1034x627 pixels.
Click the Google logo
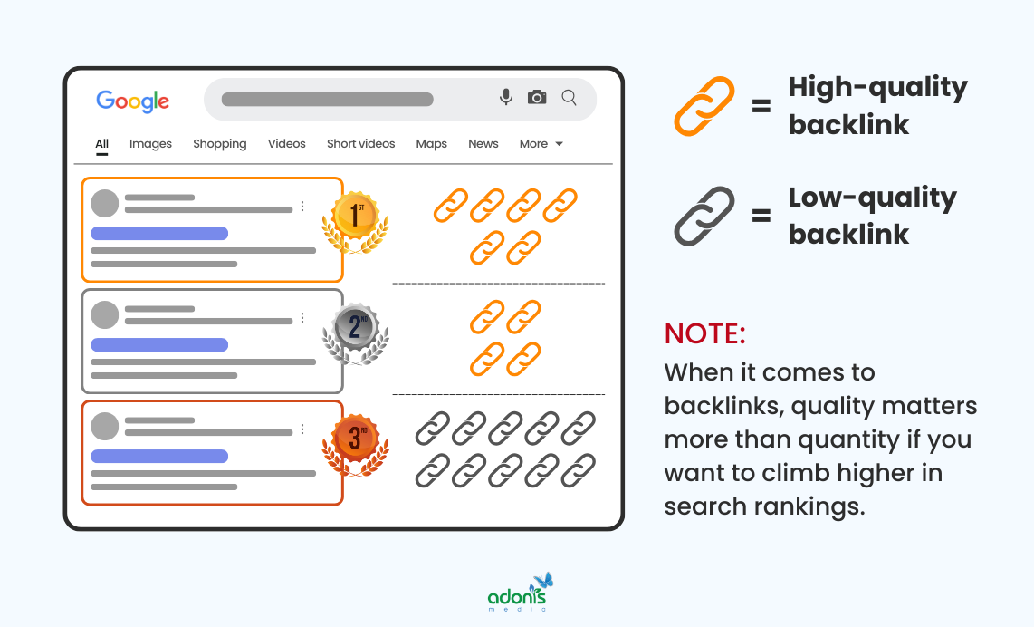[x=132, y=101]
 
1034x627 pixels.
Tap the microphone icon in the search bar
[x=506, y=97]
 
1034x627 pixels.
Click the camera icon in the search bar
[x=537, y=97]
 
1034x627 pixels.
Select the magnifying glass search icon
[x=569, y=97]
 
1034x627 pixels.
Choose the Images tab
[x=150, y=143]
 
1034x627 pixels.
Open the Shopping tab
[x=219, y=143]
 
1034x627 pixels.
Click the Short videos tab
[x=360, y=143]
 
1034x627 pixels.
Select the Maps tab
[x=431, y=143]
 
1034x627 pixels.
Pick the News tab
[x=483, y=143]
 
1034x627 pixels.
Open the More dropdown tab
[x=541, y=143]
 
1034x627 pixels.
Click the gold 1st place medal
[x=355, y=220]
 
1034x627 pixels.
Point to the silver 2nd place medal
[x=355, y=331]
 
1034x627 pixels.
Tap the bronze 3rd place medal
[x=355, y=443]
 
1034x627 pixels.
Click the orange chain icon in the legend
[x=704, y=106]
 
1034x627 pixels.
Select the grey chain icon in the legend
[x=704, y=216]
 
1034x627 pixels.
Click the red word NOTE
[x=704, y=333]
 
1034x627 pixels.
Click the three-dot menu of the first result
[x=302, y=206]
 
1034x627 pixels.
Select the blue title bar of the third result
[x=159, y=456]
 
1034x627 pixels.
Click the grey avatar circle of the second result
[x=105, y=314]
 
